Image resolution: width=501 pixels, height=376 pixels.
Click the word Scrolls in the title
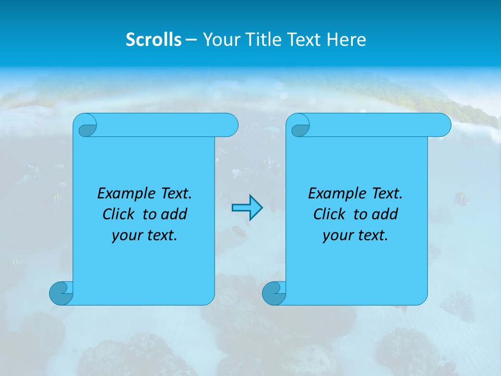pyautogui.click(x=154, y=40)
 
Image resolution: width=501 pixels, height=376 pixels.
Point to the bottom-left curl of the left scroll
pyautogui.click(x=61, y=293)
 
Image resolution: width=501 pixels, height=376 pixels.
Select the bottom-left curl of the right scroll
pyautogui.click(x=274, y=293)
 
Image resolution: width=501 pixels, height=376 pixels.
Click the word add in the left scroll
pyautogui.click(x=174, y=215)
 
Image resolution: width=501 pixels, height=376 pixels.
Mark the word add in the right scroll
pyautogui.click(x=385, y=215)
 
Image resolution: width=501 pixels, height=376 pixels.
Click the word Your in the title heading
pyautogui.click(x=219, y=40)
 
